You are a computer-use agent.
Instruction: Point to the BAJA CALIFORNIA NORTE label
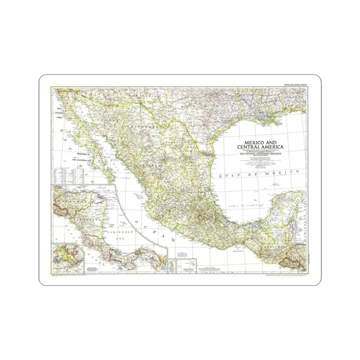coord(59,112)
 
